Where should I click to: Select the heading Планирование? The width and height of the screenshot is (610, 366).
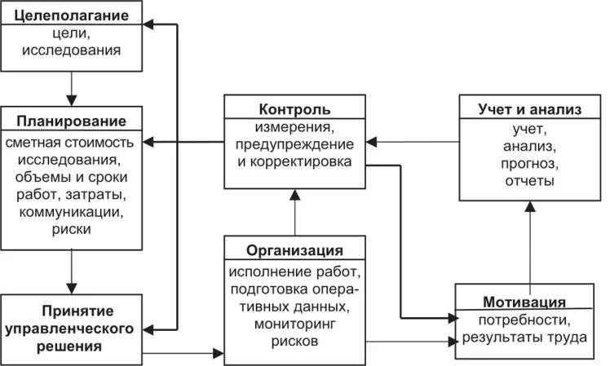point(72,121)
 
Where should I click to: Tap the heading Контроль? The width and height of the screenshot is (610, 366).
point(294,108)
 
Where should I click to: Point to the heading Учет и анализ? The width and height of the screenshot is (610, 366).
point(531,109)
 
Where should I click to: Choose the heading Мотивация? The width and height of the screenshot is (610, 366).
point(530,299)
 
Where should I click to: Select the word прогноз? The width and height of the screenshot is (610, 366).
point(532,164)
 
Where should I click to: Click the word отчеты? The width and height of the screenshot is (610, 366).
point(532,181)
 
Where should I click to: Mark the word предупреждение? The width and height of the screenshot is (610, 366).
point(294,144)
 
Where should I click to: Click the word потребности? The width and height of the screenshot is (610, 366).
point(531,319)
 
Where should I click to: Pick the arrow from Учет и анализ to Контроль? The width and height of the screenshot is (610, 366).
point(412,143)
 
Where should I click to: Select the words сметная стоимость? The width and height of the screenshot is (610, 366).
point(72,142)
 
